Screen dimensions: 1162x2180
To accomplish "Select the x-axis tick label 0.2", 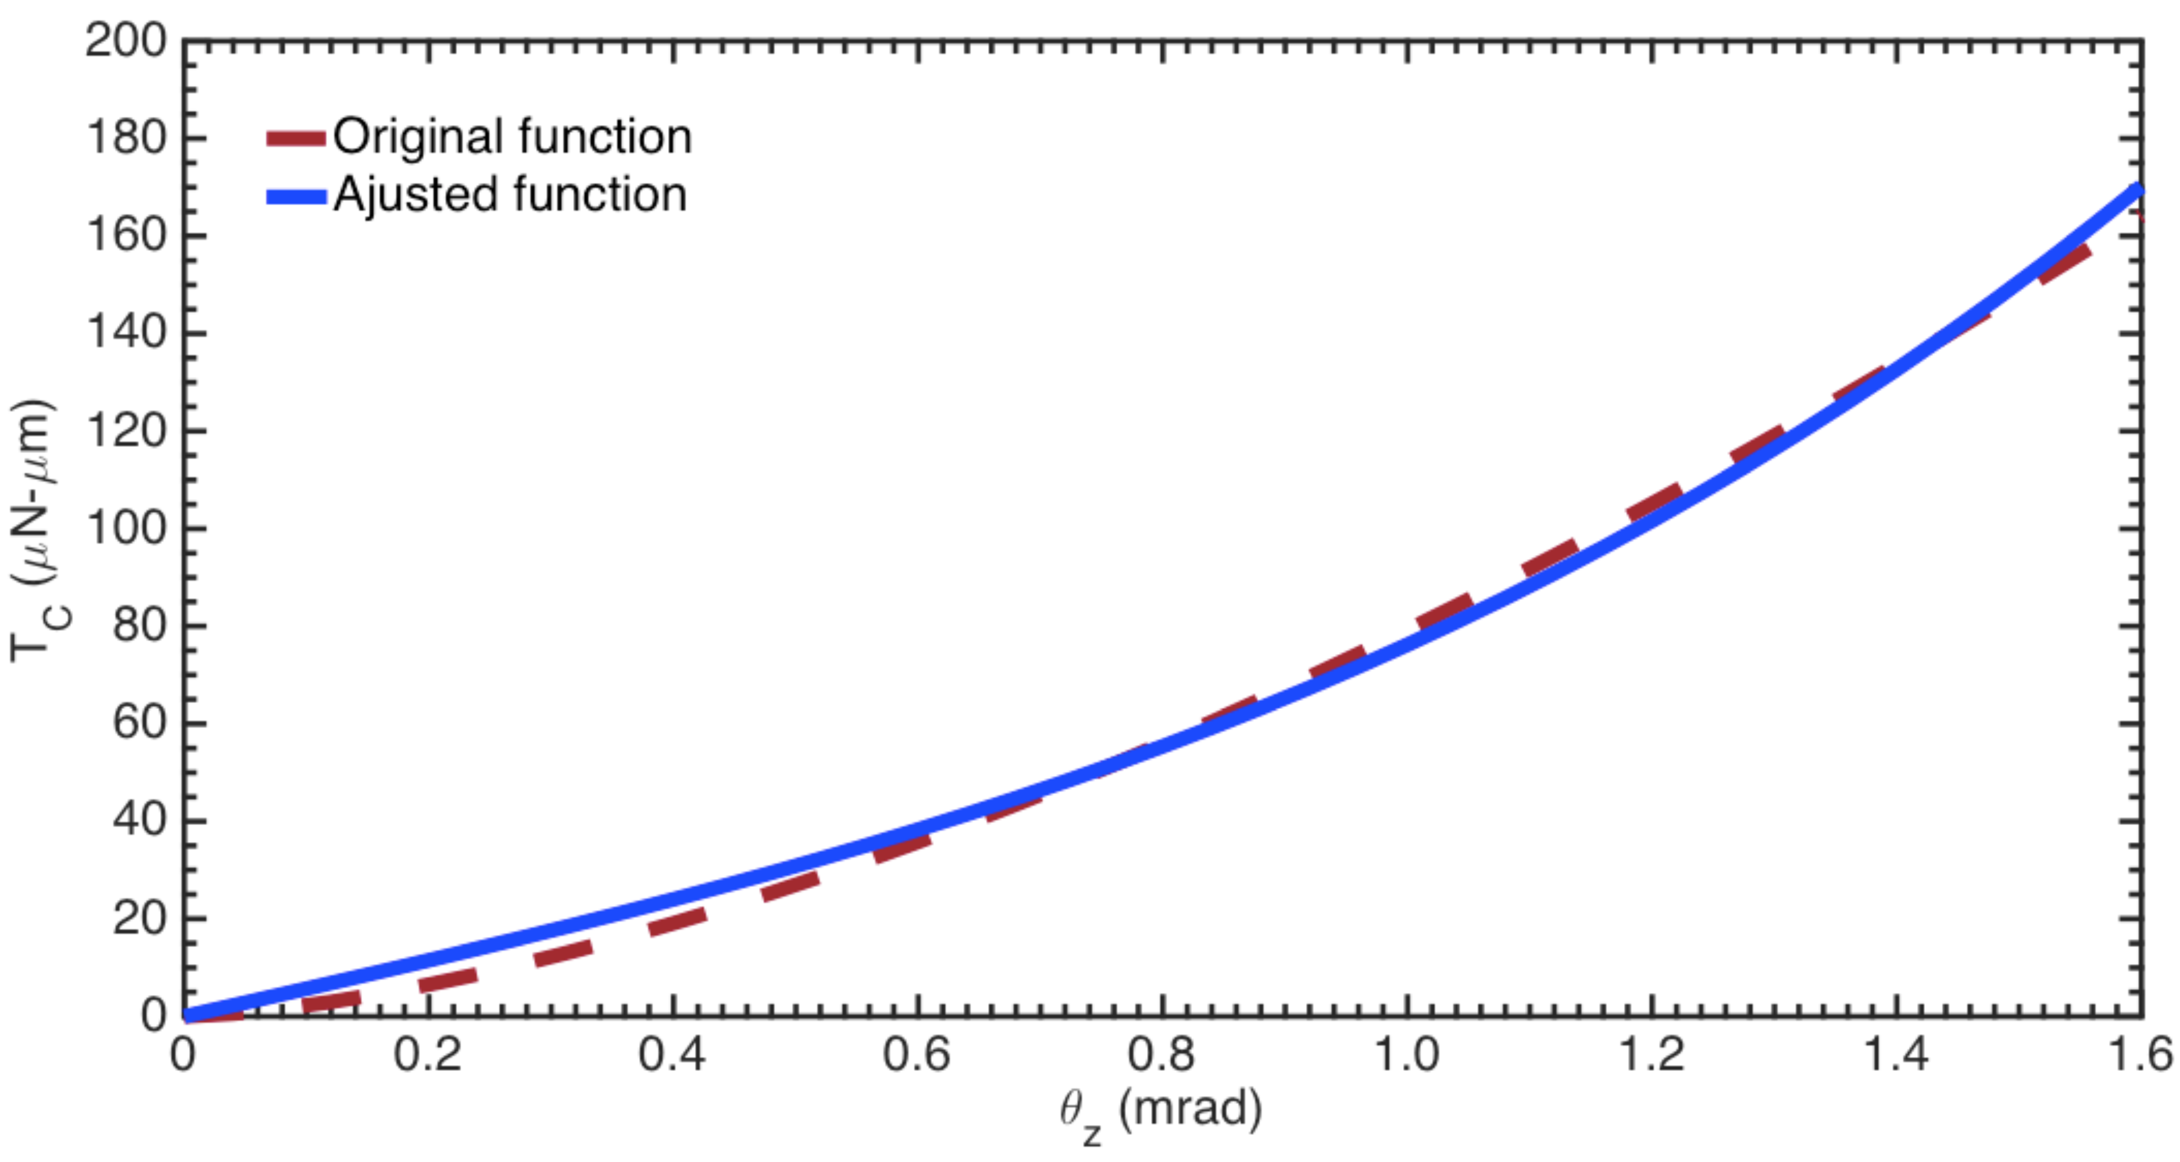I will point(428,1055).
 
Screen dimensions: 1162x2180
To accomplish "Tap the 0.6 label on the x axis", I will point(917,1055).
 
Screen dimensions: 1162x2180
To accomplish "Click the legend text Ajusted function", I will point(510,195).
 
